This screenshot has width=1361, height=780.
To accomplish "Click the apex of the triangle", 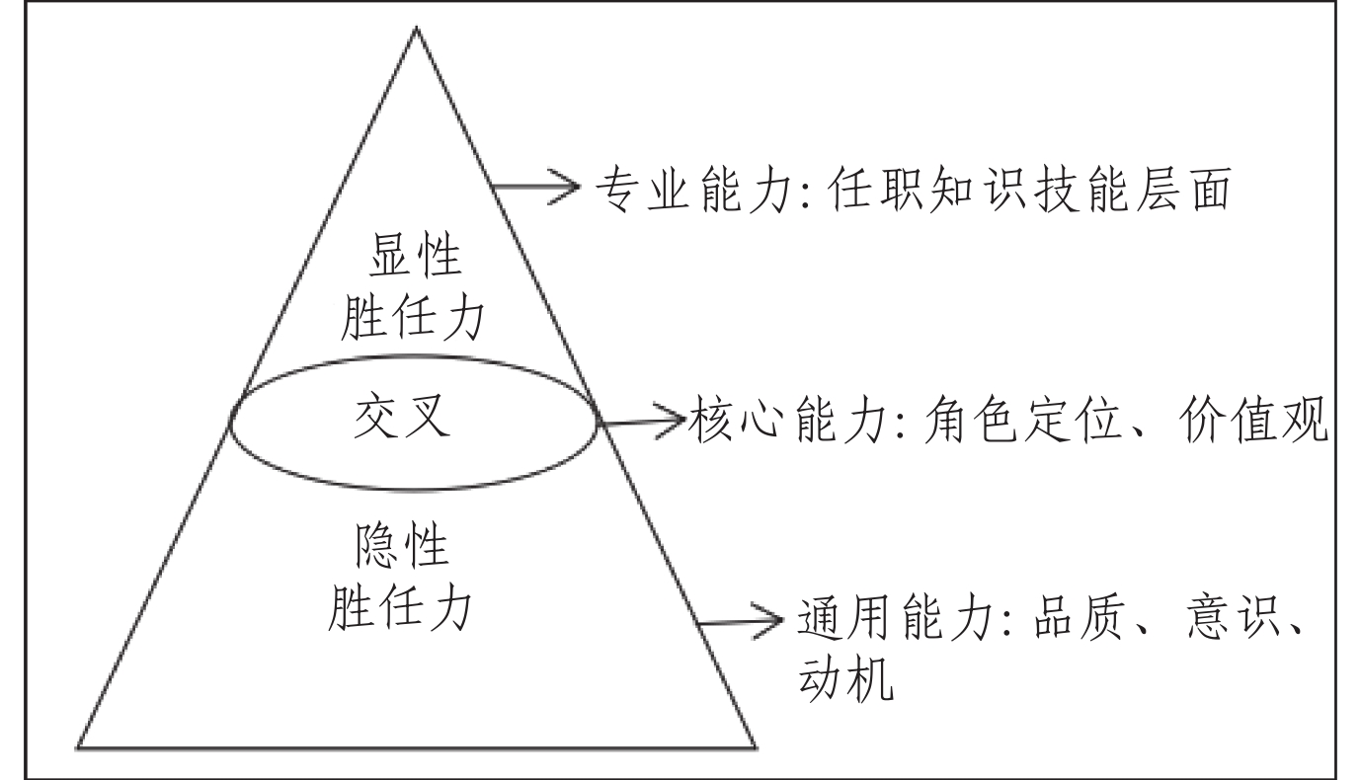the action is tap(416, 29).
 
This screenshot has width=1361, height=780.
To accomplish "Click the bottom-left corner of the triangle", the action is tap(80, 745).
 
